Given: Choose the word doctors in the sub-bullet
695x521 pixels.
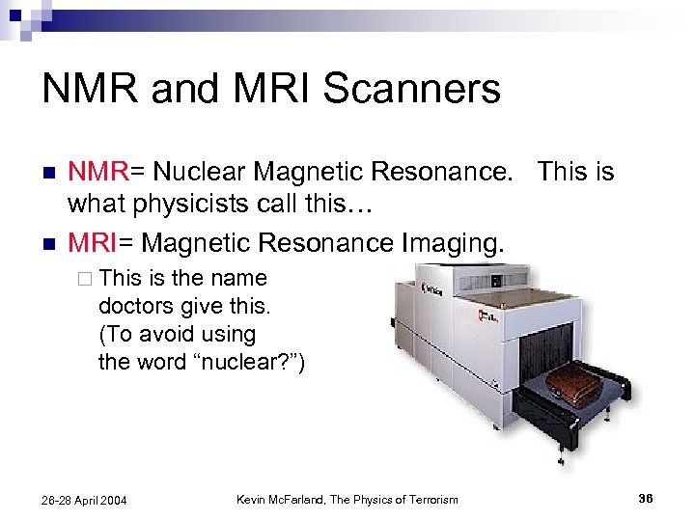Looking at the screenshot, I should coord(135,306).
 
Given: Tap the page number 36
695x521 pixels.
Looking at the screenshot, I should coord(646,498).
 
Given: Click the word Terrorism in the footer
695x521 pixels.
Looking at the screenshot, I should coord(429,499).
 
